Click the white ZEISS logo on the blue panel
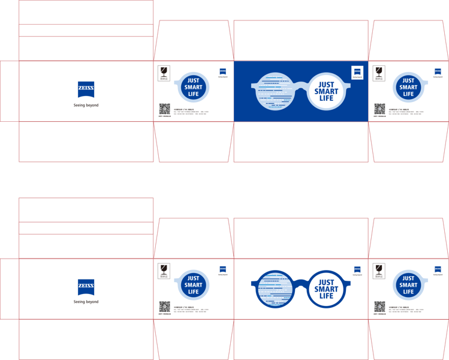point(357,72)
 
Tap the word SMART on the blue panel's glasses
point(326,91)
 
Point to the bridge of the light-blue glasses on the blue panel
point(300,88)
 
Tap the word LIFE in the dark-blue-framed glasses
point(326,296)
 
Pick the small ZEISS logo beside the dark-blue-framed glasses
point(357,270)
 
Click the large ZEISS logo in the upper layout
point(86,89)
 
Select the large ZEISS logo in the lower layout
point(86,287)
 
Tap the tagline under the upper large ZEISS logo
point(86,105)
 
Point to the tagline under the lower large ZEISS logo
point(86,302)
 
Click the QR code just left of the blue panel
point(164,109)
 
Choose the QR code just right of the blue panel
point(379,109)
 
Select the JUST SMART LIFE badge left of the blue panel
point(193,87)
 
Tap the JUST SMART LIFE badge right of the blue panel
point(408,87)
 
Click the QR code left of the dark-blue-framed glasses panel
point(164,307)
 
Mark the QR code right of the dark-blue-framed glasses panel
point(379,307)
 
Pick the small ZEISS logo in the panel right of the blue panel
point(438,71)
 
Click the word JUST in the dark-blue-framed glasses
point(326,282)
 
